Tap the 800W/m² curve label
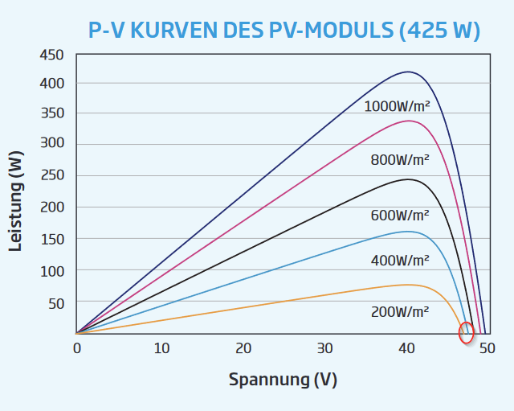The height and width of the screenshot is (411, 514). (x=399, y=159)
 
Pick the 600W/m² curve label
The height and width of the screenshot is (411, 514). (x=399, y=215)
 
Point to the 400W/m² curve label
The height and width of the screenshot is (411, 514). (x=399, y=260)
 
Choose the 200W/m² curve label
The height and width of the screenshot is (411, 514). (x=399, y=311)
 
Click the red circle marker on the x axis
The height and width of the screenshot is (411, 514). (x=466, y=332)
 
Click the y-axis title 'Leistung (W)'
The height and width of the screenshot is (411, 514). (x=15, y=201)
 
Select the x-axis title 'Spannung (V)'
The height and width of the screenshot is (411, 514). (x=283, y=379)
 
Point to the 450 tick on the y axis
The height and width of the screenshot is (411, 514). (x=51, y=55)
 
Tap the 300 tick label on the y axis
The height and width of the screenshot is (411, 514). (x=51, y=144)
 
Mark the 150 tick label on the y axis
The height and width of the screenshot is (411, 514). (x=51, y=239)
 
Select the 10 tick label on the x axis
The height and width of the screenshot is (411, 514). (x=161, y=348)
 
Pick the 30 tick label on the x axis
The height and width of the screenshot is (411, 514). (x=324, y=348)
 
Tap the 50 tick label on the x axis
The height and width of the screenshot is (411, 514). (x=487, y=348)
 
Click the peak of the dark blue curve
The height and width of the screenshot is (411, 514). (x=408, y=72)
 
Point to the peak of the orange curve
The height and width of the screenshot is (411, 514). (x=408, y=285)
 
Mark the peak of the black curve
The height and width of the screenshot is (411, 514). (x=408, y=179)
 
